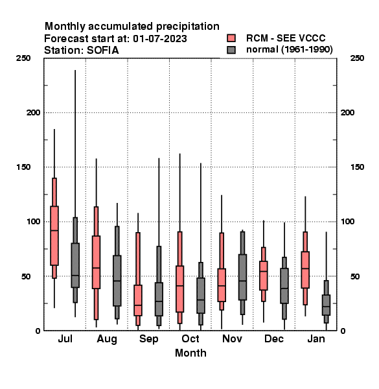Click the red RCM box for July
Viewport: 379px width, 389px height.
pos(54,236)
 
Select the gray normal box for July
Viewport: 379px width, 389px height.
pos(75,265)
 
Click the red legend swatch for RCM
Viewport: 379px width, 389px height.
pos(231,38)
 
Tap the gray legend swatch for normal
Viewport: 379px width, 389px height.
pos(231,50)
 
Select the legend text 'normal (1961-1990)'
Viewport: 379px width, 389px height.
pos(289,50)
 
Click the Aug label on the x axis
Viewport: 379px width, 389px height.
pos(107,339)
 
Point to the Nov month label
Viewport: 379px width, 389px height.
pos(232,339)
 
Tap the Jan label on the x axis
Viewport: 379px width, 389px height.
pos(316,339)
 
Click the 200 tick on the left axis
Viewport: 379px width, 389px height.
pos(33,113)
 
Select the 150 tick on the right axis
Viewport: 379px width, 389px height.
pos(357,167)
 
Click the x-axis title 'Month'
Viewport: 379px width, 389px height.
pos(190,353)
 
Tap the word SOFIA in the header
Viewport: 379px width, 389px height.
pos(103,51)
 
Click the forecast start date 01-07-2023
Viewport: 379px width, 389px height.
pos(160,39)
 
